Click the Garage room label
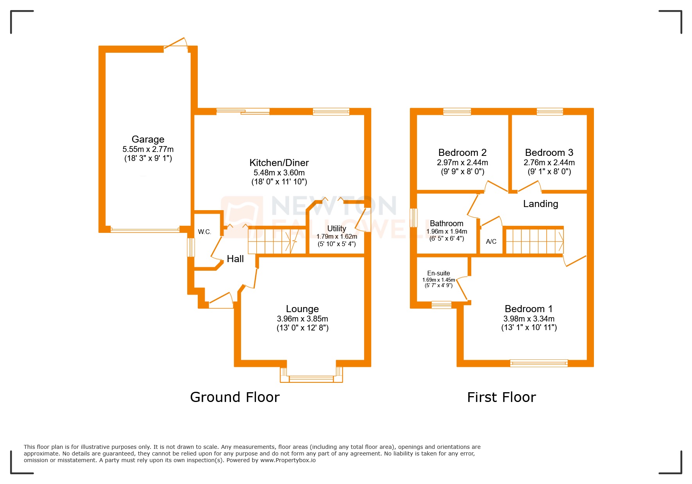148,139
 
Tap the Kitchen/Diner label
279,163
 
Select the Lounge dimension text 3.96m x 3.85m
302,319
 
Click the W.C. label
204,232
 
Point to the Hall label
235,259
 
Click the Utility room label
336,229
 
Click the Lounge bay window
311,378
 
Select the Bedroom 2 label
462,153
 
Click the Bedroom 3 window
550,112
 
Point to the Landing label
540,204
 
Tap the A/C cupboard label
491,241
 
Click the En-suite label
438,273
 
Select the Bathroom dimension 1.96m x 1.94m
447,232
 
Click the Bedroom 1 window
539,363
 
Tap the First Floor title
501,397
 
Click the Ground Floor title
235,397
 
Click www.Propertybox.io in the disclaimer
288,460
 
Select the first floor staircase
534,241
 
